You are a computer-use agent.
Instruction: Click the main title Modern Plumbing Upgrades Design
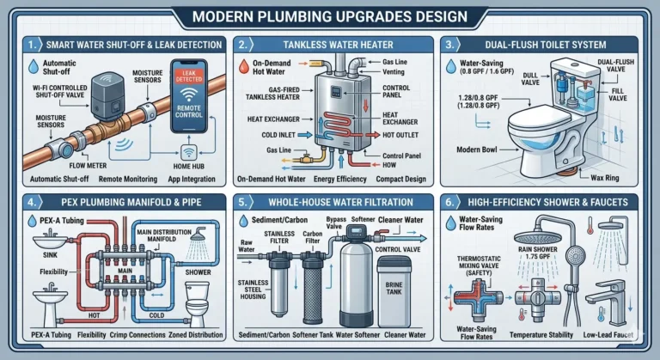(x=330, y=15)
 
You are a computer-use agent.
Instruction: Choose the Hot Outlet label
(x=400, y=134)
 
